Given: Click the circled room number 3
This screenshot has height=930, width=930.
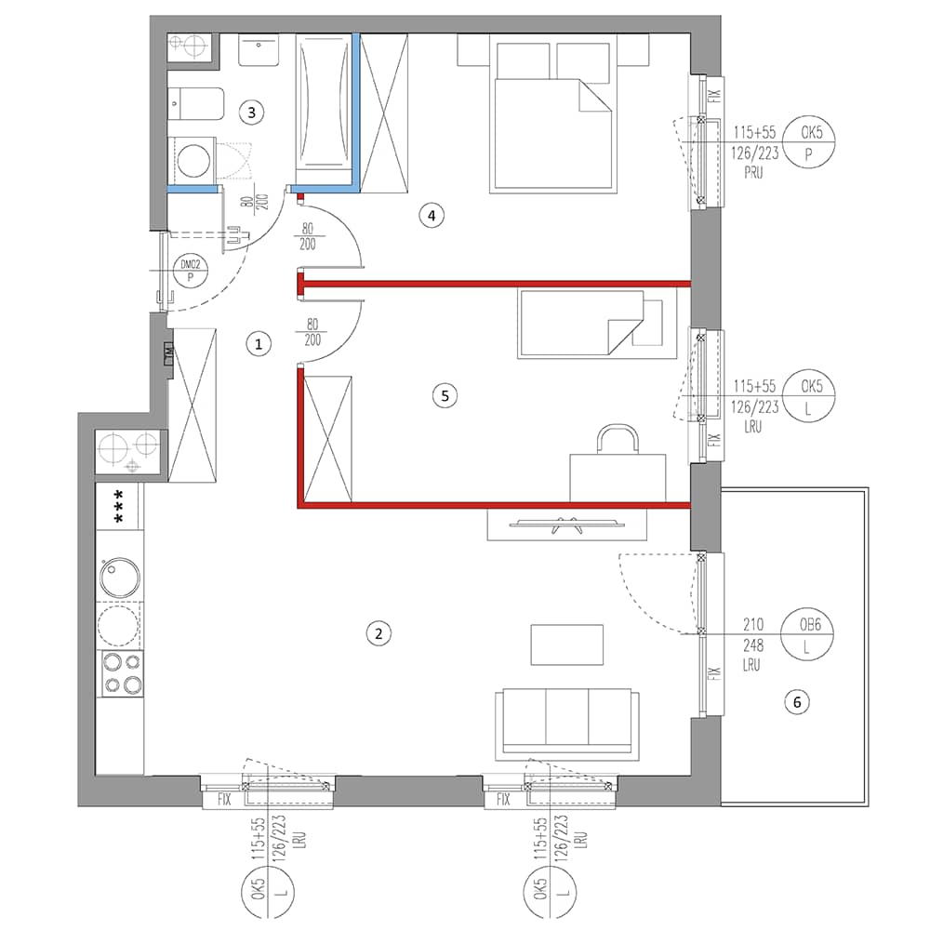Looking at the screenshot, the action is [251, 113].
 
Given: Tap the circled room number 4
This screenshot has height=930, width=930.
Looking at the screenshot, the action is [432, 216].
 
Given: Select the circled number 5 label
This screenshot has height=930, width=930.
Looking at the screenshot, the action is [445, 395].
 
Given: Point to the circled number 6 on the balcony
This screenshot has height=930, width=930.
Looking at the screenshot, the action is [797, 702].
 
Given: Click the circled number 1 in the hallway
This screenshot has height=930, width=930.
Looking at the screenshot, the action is [258, 344].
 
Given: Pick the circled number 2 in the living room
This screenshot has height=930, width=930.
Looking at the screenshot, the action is [379, 633].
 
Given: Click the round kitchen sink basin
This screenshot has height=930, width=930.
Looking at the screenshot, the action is [120, 577].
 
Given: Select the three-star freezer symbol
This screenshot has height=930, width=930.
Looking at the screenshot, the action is [119, 506].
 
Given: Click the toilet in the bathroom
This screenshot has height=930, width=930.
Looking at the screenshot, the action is [195, 104].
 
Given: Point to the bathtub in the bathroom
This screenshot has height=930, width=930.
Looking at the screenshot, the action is [324, 100].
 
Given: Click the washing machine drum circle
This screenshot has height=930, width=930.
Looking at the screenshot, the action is [193, 160].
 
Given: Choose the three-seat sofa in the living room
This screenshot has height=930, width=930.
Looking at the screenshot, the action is [567, 724].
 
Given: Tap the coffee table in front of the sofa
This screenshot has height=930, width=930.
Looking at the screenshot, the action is [567, 644].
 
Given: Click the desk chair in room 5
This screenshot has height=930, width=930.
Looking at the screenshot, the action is [618, 439].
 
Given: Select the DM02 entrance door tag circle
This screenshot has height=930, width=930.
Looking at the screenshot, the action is [191, 271].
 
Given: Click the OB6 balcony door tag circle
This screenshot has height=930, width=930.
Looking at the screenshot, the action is [808, 634].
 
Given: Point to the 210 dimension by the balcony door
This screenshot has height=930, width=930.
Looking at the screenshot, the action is [753, 624].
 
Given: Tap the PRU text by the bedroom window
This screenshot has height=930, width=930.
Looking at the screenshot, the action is [754, 173].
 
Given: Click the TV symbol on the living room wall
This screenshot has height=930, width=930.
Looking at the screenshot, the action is [567, 525].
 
